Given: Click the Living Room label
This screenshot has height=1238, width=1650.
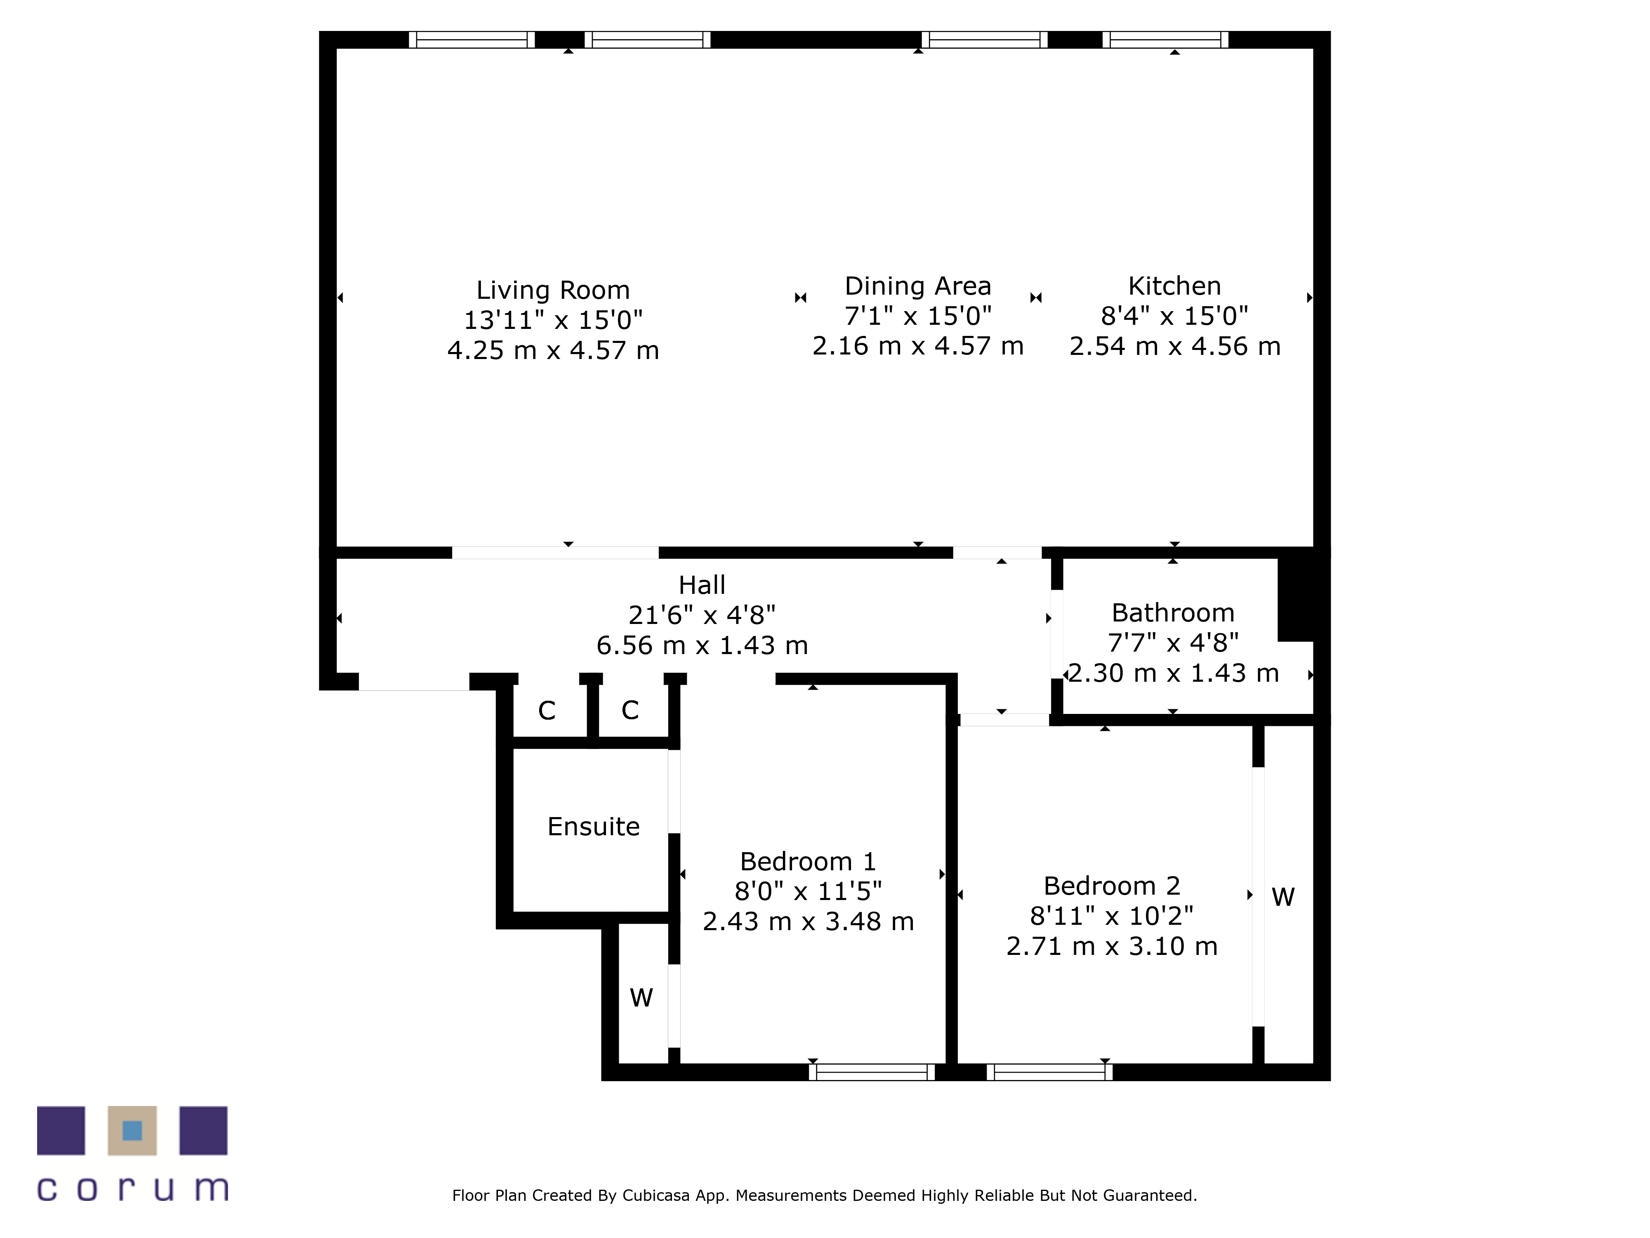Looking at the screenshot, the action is click(553, 290).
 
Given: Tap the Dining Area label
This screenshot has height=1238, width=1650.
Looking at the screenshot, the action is click(917, 286).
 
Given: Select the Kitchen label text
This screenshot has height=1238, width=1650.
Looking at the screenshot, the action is click(1174, 286).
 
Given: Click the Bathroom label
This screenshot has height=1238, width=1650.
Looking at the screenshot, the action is click(1173, 613).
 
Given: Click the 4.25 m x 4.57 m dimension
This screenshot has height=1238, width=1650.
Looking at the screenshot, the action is click(553, 350).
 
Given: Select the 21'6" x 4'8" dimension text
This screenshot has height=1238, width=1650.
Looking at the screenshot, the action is click(702, 615).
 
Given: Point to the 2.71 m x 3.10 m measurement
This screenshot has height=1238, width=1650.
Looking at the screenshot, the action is click(1111, 946).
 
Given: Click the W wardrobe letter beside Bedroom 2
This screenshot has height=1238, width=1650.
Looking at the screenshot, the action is click(1283, 897).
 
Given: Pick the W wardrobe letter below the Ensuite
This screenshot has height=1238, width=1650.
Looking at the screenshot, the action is click(641, 998).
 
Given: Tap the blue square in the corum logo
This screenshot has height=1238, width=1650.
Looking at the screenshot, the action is click(132, 1131).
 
